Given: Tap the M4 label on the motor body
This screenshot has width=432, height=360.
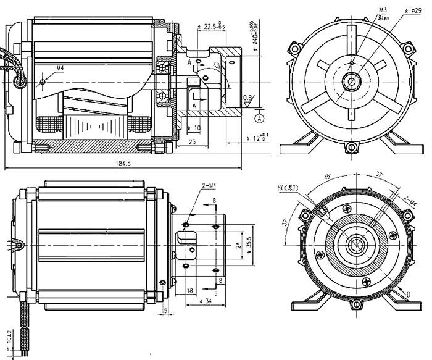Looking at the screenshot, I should click(60, 67).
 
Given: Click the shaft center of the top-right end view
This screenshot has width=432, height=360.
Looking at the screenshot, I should click(352, 80).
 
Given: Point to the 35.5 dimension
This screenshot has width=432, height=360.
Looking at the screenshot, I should click(248, 241).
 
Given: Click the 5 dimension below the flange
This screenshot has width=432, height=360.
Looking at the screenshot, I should click(166, 310).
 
